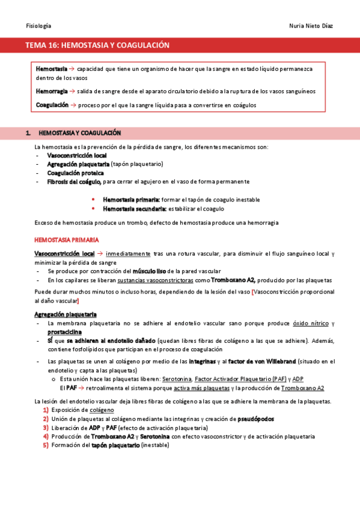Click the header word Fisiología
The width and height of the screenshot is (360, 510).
[x=38, y=26]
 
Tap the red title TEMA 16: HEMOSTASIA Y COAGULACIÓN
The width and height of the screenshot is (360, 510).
[x=97, y=46]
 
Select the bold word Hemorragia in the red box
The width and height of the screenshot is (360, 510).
[x=52, y=91]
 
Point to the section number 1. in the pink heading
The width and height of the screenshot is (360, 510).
[x=28, y=132]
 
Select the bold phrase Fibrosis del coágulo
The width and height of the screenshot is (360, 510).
[x=74, y=181]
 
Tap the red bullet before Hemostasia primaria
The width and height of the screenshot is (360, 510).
[x=93, y=199]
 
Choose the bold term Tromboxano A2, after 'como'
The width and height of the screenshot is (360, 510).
[x=233, y=280]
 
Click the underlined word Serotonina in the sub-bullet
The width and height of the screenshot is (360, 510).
[x=177, y=379]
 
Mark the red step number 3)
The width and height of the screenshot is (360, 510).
[x=45, y=428]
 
